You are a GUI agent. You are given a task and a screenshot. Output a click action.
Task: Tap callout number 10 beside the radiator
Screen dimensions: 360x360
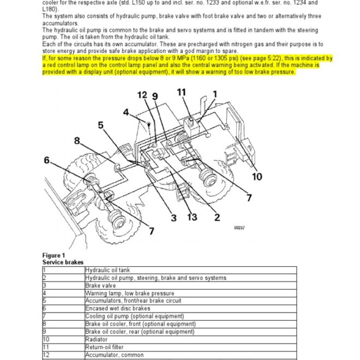tap(257, 177)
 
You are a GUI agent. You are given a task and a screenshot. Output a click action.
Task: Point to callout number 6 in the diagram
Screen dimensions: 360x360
tap(47, 160)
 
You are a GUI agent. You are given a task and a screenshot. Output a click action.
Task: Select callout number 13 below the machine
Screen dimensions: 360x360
tap(191, 217)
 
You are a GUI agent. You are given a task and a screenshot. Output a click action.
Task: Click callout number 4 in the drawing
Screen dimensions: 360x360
tap(126, 113)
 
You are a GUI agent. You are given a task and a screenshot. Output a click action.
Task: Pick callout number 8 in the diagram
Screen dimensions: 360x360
tap(77, 141)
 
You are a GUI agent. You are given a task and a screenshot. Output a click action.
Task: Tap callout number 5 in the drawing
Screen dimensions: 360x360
tap(101, 125)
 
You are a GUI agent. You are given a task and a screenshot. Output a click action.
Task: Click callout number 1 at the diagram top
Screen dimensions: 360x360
tap(214, 94)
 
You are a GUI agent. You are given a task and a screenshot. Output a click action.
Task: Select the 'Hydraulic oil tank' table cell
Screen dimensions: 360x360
tap(107, 270)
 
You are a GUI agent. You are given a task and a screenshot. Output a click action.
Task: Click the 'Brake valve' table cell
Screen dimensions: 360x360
tap(100, 285)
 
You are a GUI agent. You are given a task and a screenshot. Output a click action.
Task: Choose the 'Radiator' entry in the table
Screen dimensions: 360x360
tap(97, 339)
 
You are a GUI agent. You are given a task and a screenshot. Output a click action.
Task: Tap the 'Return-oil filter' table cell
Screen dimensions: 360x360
tap(104, 347)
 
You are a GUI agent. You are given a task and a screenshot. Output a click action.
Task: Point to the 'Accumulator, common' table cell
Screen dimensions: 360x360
tap(115, 355)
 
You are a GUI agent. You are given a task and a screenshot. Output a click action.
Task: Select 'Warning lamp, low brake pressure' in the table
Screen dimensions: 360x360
tap(129, 293)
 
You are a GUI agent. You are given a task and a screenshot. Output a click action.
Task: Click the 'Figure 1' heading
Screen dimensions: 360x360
tap(53, 256)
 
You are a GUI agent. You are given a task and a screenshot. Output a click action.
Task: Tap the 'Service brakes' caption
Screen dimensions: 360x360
tap(63, 262)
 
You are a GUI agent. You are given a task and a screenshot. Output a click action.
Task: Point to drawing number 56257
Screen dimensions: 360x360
tap(238, 227)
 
